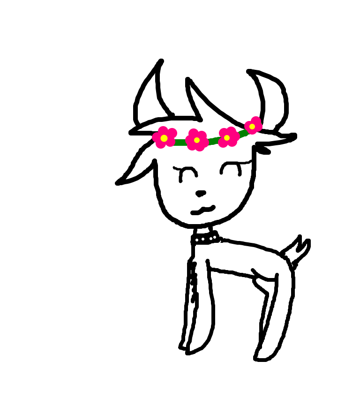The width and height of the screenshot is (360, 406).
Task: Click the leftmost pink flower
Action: pyautogui.click(x=164, y=138)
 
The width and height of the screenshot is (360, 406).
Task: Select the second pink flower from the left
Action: pyautogui.click(x=197, y=140)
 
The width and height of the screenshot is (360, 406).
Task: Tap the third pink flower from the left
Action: pyautogui.click(x=227, y=137)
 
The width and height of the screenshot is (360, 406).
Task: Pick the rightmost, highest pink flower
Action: pyautogui.click(x=253, y=126)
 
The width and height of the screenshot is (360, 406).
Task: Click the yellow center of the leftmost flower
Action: pyautogui.click(x=164, y=138)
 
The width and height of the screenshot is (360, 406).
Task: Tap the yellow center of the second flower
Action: pyautogui.click(x=197, y=140)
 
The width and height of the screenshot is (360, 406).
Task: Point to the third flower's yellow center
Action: pyautogui.click(x=227, y=138)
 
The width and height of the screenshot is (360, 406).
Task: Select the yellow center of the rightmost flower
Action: pyautogui.click(x=252, y=127)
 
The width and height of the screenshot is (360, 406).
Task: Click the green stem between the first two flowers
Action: pyautogui.click(x=181, y=143)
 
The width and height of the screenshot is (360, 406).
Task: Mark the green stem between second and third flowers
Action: pyautogui.click(x=213, y=141)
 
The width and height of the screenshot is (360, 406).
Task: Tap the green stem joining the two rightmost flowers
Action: pyautogui.click(x=242, y=133)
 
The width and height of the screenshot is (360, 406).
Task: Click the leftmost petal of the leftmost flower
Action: pyautogui.click(x=156, y=137)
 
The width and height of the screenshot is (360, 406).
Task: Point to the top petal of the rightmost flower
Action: pyautogui.click(x=255, y=120)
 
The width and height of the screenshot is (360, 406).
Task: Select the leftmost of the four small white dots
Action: pyautogui.click(x=197, y=240)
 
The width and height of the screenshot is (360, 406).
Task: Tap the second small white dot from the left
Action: pyautogui.click(x=203, y=239)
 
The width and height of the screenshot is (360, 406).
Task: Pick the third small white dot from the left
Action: pyautogui.click(x=211, y=239)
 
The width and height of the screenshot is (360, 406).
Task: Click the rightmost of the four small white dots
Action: pyautogui.click(x=215, y=237)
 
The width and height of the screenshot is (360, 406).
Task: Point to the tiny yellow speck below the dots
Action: pyautogui.click(x=205, y=247)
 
